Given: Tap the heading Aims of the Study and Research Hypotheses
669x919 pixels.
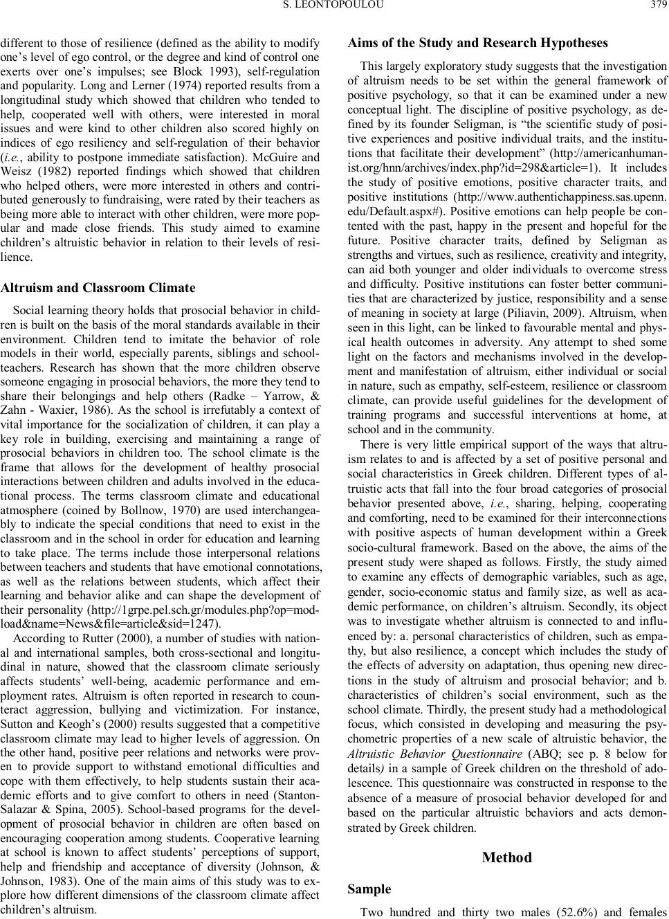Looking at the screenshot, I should [x=477, y=43].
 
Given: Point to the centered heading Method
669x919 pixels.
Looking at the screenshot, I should [x=506, y=857].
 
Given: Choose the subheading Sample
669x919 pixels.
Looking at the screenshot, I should [x=369, y=889].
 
